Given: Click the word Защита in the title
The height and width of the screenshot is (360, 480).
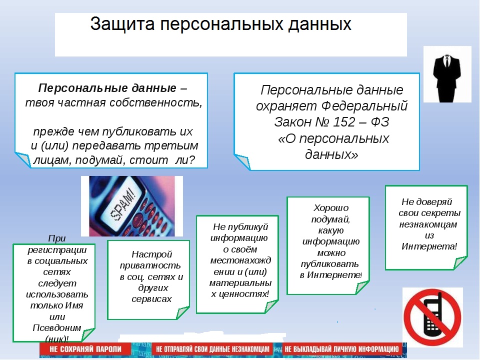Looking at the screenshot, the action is [122, 24].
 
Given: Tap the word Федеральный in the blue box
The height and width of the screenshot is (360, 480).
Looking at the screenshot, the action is [364, 106].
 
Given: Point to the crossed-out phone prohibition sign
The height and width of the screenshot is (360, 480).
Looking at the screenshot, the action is [432, 317].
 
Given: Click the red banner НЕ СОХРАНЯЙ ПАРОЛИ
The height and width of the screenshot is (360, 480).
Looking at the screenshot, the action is [85, 349].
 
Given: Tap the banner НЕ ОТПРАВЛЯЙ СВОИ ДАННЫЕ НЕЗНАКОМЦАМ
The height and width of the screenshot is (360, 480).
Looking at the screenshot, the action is [212, 349].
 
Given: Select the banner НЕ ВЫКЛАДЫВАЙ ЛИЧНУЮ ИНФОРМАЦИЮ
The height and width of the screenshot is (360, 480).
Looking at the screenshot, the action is [341, 349].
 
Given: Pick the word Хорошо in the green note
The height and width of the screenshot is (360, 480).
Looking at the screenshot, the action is [331, 208].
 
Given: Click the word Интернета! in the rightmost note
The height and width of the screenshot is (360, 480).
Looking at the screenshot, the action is [429, 246].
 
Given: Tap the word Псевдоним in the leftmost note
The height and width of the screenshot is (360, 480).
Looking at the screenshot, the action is [57, 328].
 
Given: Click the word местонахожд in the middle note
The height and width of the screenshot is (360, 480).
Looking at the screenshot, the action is [240, 260].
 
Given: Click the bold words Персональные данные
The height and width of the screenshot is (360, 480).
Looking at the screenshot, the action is [107, 88].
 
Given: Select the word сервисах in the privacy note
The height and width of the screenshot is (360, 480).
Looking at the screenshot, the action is [151, 299].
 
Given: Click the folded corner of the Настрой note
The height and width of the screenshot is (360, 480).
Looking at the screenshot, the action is [183, 313].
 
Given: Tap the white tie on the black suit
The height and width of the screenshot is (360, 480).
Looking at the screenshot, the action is [447, 61].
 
